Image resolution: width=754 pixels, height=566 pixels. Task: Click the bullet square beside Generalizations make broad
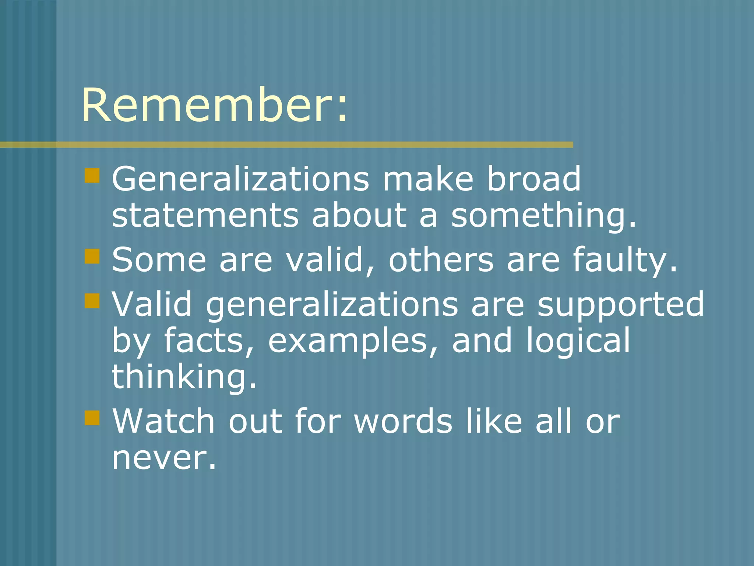[x=92, y=175]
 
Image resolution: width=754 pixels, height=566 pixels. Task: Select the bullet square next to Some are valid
[x=92, y=256]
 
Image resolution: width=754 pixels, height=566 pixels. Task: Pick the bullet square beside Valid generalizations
[x=92, y=300]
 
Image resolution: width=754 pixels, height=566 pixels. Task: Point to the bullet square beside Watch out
[x=92, y=418]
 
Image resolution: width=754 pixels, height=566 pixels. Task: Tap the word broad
[x=533, y=179]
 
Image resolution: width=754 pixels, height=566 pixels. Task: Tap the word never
[x=163, y=459]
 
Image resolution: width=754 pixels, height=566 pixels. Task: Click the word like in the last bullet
[x=494, y=421]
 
